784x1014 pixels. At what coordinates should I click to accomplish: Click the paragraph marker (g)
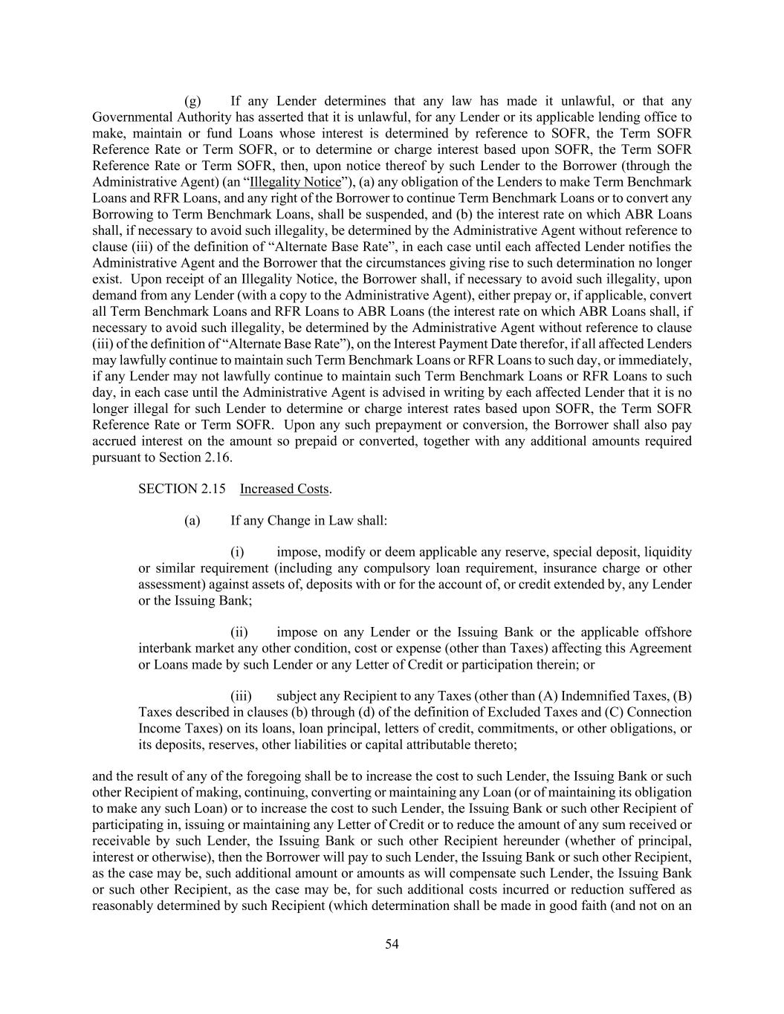(192, 101)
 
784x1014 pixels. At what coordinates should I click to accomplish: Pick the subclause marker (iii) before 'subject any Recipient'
(241, 696)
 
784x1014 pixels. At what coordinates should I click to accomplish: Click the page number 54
(392, 944)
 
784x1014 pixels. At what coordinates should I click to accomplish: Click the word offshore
(667, 632)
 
